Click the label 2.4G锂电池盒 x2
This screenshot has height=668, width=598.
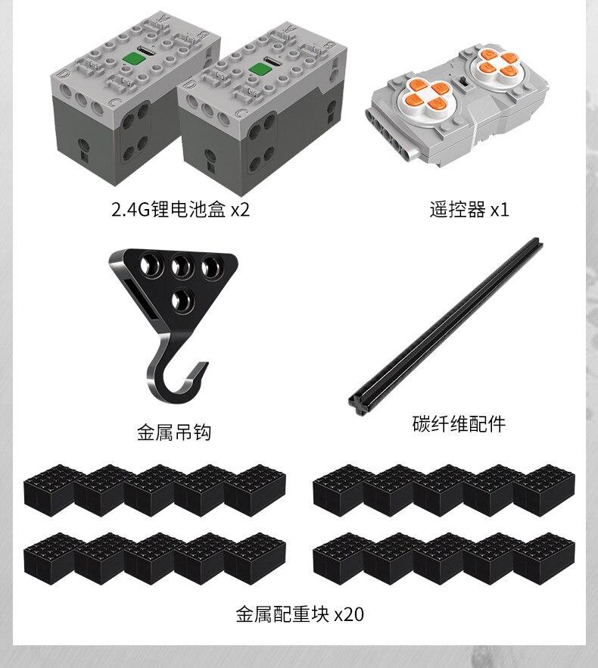[179, 209]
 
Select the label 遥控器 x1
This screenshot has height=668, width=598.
[469, 209]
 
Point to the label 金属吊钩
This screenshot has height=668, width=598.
[173, 432]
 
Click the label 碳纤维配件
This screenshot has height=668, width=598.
[459, 423]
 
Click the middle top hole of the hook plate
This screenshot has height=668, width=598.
[181, 266]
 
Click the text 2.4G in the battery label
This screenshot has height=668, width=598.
[126, 209]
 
